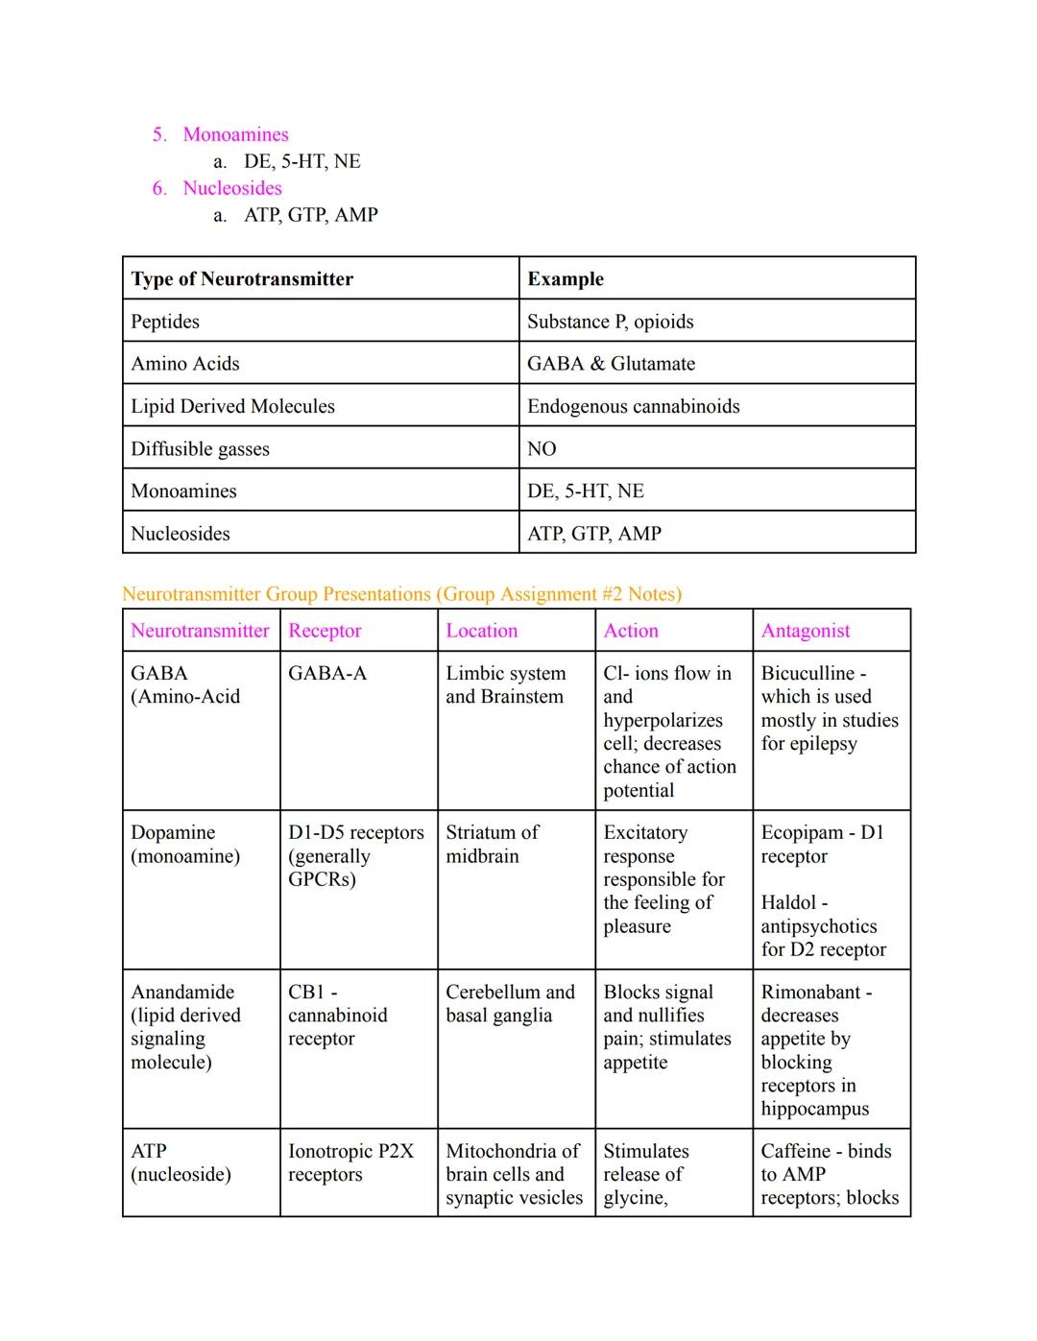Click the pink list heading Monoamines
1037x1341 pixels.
[235, 134]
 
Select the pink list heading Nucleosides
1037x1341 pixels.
[232, 188]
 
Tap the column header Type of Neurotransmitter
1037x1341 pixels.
[242, 279]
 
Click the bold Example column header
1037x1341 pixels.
[566, 279]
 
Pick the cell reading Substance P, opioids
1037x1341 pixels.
[610, 322]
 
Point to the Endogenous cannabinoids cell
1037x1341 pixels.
[633, 406]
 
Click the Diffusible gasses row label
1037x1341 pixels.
[200, 449]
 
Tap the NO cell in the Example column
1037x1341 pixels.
[542, 449]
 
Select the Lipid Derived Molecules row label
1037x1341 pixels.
[232, 406]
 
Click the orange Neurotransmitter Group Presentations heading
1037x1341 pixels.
[401, 594]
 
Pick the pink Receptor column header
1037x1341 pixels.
[325, 631]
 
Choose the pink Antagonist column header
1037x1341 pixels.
[805, 631]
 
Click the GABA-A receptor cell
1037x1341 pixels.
[327, 674]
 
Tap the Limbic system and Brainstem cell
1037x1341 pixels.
[505, 685]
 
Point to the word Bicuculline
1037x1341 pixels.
[807, 674]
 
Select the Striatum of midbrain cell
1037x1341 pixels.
[492, 844]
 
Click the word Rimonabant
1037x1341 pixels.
[810, 993]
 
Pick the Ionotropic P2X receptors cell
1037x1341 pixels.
[350, 1162]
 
